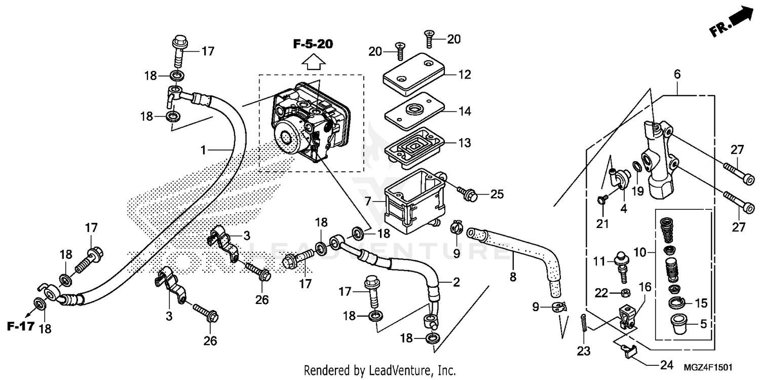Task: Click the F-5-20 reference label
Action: point(313,45)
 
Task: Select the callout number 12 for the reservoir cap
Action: point(464,75)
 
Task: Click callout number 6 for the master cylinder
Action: point(677,74)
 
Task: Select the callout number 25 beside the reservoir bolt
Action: point(497,194)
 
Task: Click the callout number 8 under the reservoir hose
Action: point(513,277)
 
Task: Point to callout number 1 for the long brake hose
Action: point(203,150)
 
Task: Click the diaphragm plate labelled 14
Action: point(413,111)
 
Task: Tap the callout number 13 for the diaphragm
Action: point(464,143)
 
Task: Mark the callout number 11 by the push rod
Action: point(600,261)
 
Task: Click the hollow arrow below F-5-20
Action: point(313,62)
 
